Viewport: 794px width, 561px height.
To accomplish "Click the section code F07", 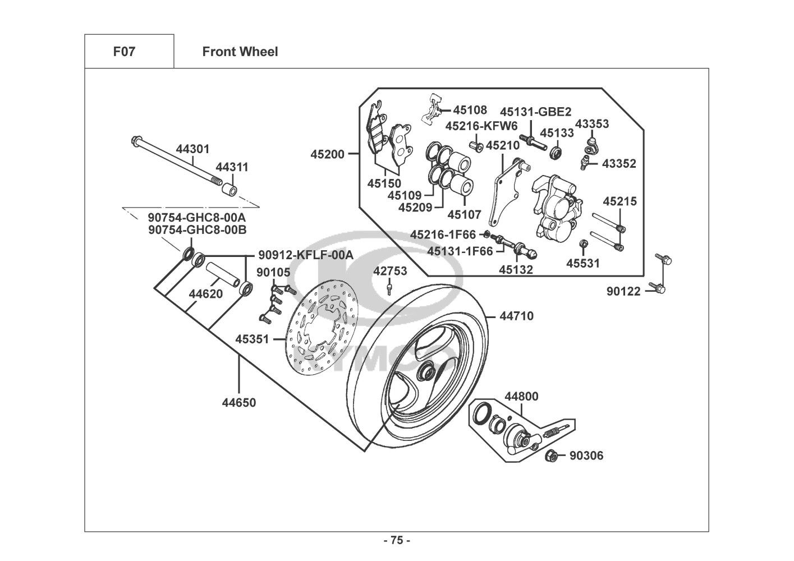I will coord(124,52).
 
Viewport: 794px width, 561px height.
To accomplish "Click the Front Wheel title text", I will coord(240,52).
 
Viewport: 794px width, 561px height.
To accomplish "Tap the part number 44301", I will coord(192,149).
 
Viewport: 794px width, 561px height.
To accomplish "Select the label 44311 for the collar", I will coord(232,167).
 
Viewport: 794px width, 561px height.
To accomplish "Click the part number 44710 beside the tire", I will coord(516,316).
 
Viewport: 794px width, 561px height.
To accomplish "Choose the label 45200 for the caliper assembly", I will coord(328,153).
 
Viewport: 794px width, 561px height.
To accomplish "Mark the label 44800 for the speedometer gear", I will coord(521,397).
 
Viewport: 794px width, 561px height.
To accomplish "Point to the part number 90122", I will coord(623,292).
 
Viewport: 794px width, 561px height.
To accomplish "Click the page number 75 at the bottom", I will coord(397,541).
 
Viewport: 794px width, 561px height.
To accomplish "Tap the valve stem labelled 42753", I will coord(388,288).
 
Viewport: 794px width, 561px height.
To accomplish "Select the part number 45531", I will coord(582,263).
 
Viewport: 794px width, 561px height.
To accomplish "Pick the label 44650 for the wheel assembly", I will coord(239,403).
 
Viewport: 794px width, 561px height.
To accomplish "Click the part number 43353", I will coord(592,124).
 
